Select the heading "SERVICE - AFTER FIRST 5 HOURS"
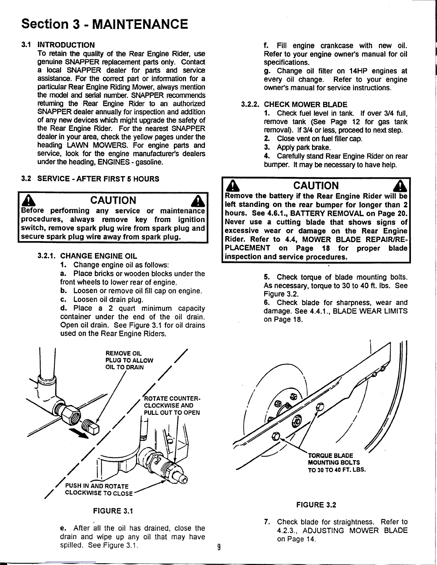(98, 179)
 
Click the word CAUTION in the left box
(114, 200)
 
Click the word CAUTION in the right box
(316, 185)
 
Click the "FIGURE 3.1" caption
(112, 511)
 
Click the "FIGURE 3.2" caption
(316, 505)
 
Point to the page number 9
(219, 547)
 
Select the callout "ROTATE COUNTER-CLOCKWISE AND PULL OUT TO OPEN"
(171, 406)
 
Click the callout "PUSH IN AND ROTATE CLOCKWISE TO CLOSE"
(98, 490)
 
